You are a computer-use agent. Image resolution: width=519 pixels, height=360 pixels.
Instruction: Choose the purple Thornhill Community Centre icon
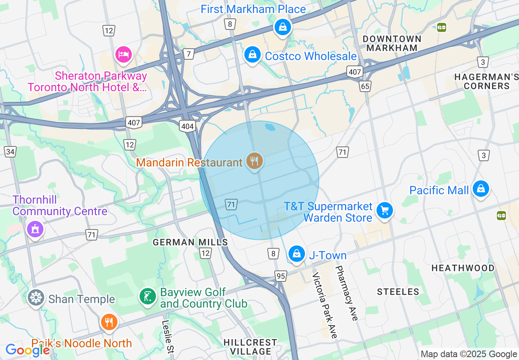click(x=35, y=229)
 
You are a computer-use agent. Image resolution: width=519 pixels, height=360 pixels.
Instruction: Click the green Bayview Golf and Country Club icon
click(x=147, y=297)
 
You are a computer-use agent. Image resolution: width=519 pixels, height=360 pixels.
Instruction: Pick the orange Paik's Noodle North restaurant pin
click(x=108, y=322)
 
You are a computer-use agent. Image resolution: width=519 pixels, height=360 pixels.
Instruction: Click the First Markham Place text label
click(x=253, y=9)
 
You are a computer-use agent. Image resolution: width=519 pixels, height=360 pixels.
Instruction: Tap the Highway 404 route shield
click(x=187, y=126)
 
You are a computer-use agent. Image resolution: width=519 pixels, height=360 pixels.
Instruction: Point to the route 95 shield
click(x=280, y=276)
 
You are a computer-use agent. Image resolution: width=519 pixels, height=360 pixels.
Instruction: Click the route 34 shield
click(x=10, y=152)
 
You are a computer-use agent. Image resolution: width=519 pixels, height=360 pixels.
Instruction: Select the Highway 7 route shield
click(x=188, y=54)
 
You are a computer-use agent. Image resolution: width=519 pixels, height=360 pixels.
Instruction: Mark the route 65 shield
click(x=365, y=86)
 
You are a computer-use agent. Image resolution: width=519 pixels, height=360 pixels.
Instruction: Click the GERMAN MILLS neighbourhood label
click(x=190, y=242)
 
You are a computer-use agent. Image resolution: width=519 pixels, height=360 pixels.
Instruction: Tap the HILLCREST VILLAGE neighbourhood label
click(x=250, y=346)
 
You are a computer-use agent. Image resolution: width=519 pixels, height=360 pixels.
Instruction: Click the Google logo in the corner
click(x=27, y=350)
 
